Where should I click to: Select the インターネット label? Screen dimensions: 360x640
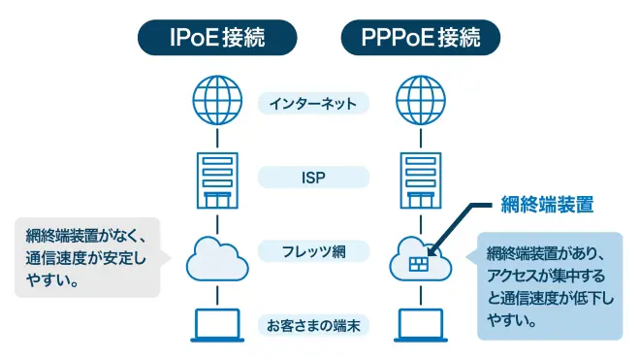[x=313, y=102]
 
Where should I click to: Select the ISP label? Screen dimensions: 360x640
[x=313, y=178]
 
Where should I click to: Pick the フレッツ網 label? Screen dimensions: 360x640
[x=313, y=251]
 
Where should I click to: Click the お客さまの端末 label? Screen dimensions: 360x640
[x=313, y=325]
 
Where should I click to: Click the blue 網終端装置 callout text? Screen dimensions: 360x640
[x=546, y=205]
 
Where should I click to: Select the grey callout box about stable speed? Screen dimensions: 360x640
[x=84, y=258]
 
